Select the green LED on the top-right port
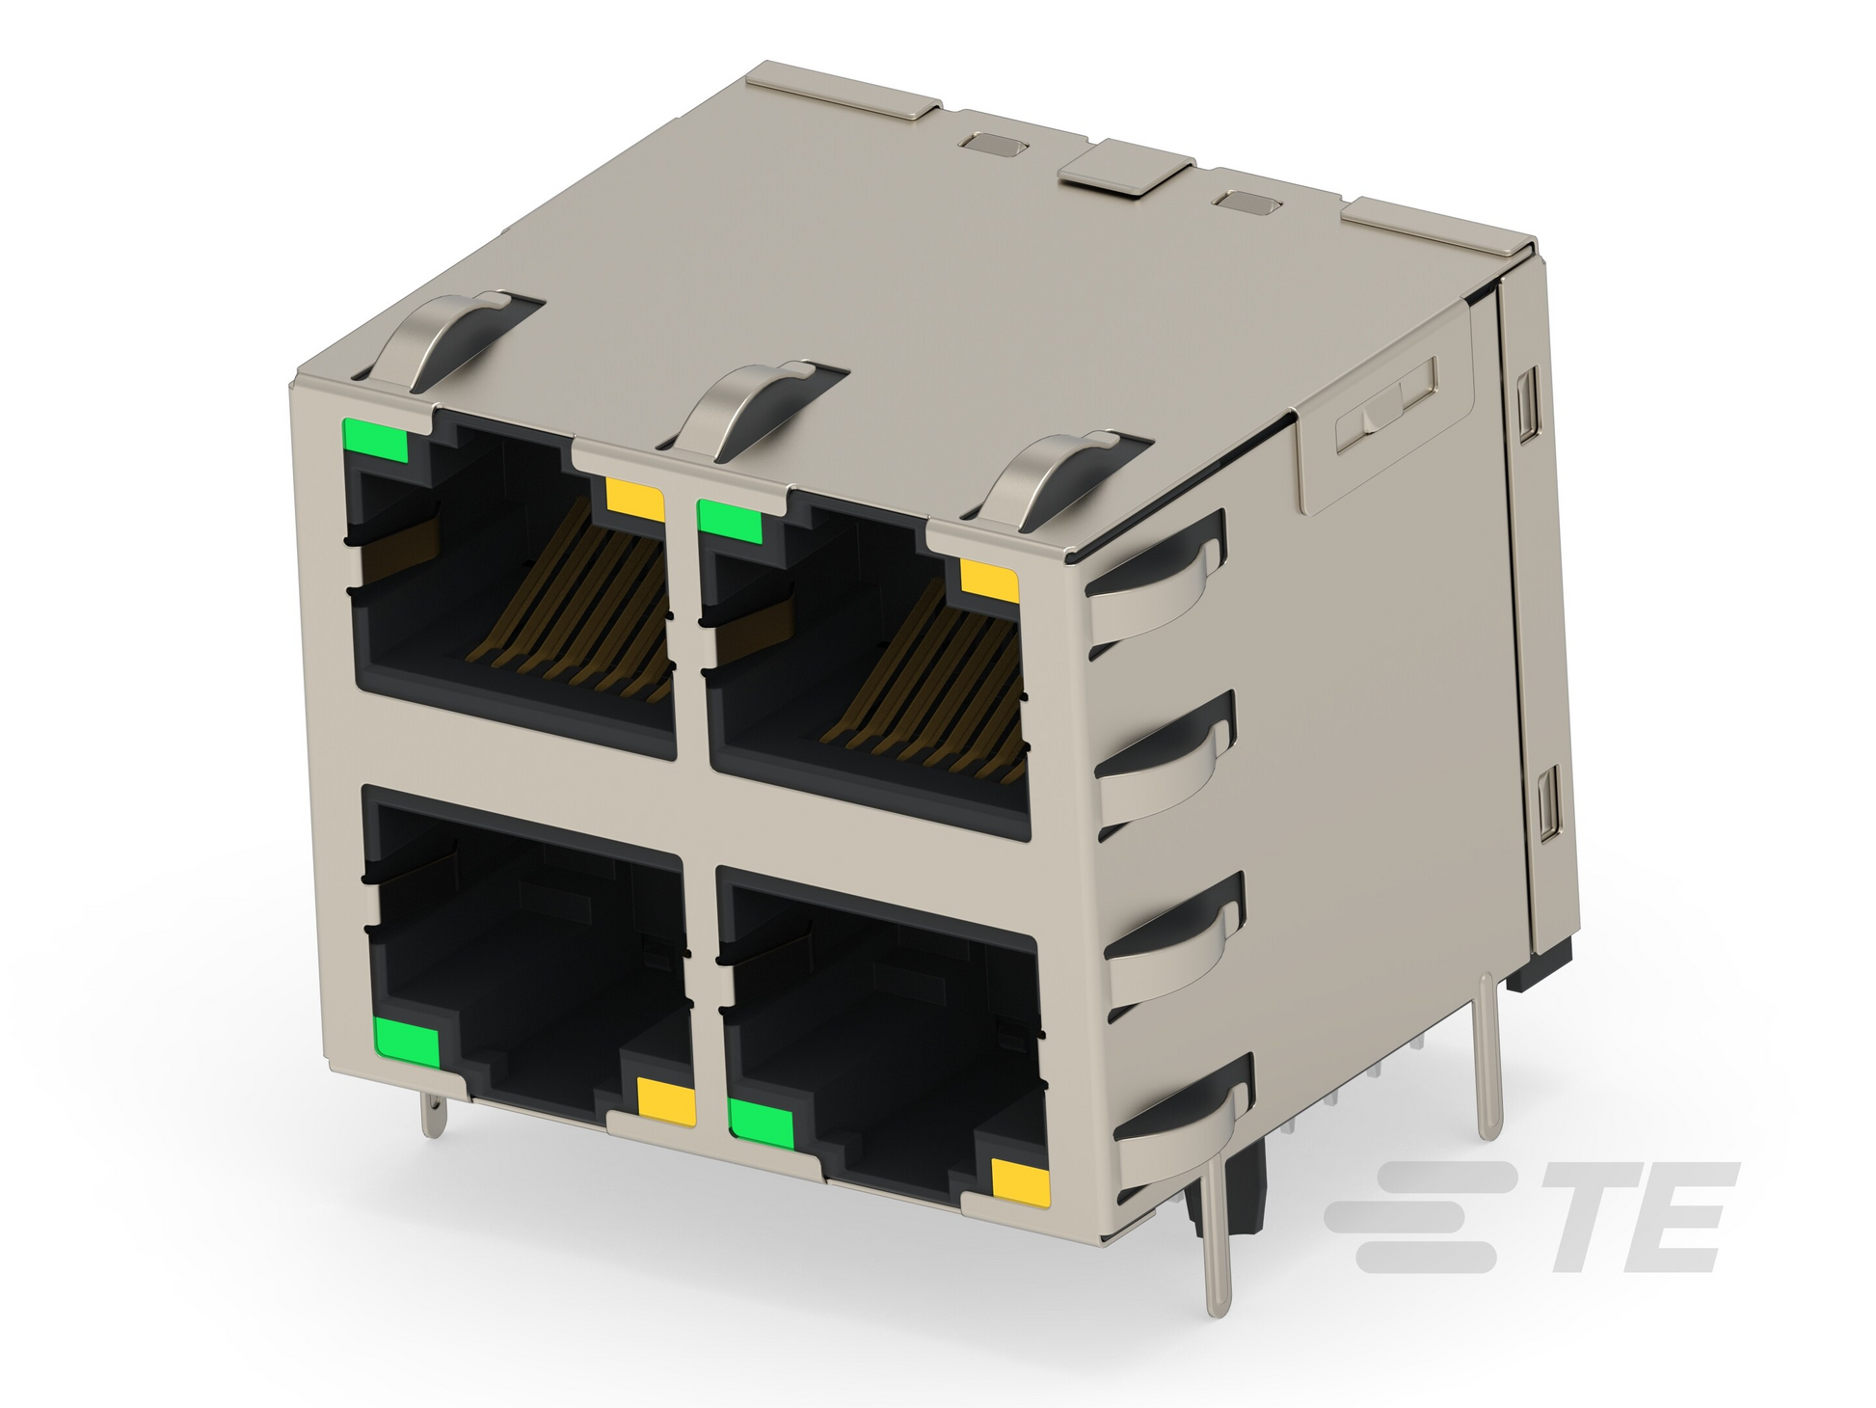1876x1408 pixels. pyautogui.click(x=730, y=522)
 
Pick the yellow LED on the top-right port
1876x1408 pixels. pyautogui.click(x=990, y=582)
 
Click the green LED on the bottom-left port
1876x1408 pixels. pyautogui.click(x=407, y=1042)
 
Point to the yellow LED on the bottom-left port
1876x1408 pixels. pyautogui.click(x=666, y=1100)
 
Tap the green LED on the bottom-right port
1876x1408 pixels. pyautogui.click(x=762, y=1124)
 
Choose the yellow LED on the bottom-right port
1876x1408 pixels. pyautogui.click(x=1021, y=1182)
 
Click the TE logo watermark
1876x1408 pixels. pyautogui.click(x=1531, y=1218)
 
